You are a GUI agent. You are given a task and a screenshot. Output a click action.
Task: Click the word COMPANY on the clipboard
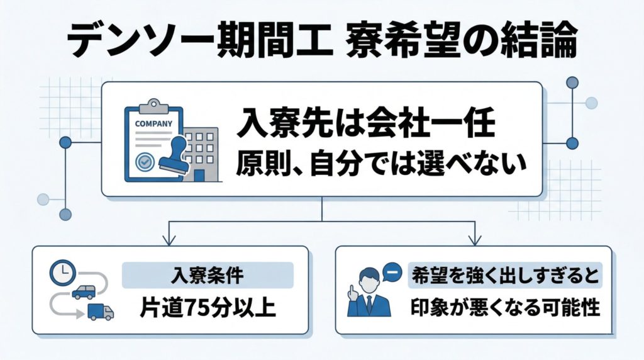point(153,123)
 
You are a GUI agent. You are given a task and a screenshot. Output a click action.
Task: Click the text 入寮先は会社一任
point(366,125)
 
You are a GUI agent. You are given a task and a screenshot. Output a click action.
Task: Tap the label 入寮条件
point(208,275)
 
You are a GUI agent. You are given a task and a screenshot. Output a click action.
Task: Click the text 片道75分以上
point(208,308)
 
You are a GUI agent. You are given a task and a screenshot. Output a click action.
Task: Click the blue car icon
point(84,292)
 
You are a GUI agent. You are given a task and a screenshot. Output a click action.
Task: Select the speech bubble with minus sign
point(391,273)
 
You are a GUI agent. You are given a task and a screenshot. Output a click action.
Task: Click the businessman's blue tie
point(369,303)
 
